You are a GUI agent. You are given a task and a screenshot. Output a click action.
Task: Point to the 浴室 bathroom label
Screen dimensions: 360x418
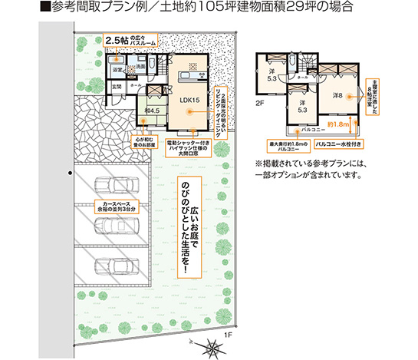click(119, 70)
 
